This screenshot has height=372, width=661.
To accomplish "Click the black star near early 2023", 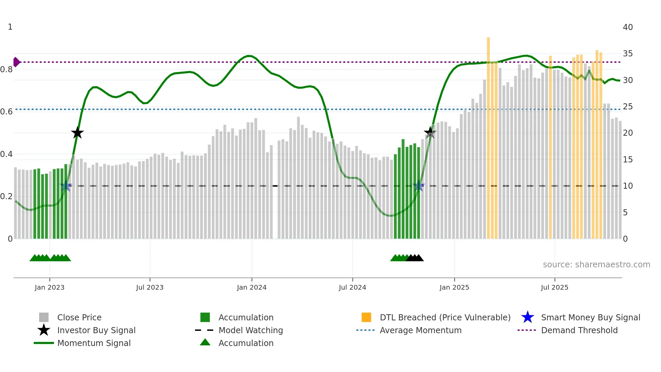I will click(77, 133).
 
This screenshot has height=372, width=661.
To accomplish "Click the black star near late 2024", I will click(430, 132).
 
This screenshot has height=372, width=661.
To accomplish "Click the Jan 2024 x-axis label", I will click(252, 287).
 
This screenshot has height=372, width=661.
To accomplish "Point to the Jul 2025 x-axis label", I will click(554, 287).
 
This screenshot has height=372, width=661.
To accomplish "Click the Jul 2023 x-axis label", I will click(150, 287).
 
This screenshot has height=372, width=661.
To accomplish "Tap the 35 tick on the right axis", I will click(628, 54).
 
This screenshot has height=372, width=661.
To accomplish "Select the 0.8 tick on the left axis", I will click(6, 70).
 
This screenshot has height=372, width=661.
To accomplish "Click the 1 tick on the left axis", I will click(10, 27).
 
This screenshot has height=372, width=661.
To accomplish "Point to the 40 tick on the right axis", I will click(628, 27).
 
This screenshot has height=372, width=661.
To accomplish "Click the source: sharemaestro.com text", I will click(596, 265).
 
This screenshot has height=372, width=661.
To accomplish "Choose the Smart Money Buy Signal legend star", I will click(527, 317).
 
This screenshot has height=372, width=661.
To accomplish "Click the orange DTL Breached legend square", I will click(366, 317).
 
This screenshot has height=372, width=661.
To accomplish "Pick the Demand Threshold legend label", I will click(579, 330).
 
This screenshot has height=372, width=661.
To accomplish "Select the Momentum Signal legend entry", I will click(94, 343).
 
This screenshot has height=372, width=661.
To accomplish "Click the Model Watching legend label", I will click(251, 330).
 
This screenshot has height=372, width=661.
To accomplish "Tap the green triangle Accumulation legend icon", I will click(205, 342).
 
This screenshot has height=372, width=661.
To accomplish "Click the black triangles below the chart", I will click(415, 258).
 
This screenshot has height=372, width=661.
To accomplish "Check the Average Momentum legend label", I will click(421, 330).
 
